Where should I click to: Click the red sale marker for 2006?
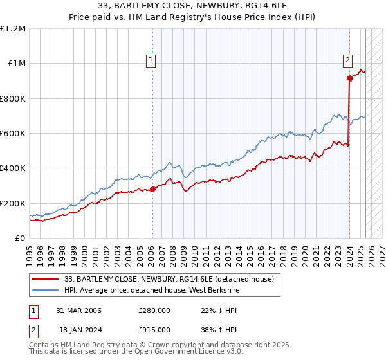pyautogui.click(x=153, y=189)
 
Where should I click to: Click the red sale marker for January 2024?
pyautogui.click(x=350, y=78)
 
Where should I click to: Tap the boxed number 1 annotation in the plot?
pyautogui.click(x=151, y=61)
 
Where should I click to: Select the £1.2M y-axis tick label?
pyautogui.click(x=14, y=29)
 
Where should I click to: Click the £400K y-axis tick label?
pyautogui.click(x=13, y=168)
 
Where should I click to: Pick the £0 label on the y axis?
pyautogui.click(x=21, y=239)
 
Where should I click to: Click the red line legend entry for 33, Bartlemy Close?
pyautogui.click(x=169, y=279)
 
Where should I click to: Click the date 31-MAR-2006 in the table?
pyautogui.click(x=78, y=310)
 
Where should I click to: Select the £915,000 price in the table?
pyautogui.click(x=154, y=330)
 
